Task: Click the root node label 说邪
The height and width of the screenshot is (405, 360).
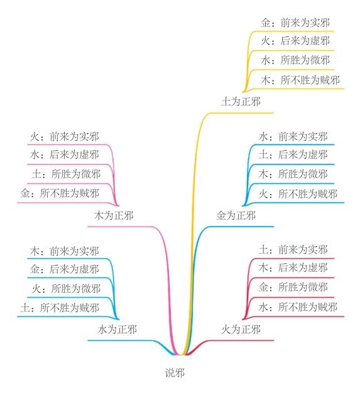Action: point(175,373)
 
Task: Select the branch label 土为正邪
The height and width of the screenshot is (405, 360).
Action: point(241,101)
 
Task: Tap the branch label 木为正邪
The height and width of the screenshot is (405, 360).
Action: point(114,215)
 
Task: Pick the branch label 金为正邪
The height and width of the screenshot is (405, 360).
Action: point(236,215)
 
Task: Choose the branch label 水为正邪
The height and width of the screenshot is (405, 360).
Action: point(117,329)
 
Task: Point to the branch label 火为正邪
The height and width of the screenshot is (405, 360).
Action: point(241,329)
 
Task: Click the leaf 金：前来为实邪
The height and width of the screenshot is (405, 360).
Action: point(295,23)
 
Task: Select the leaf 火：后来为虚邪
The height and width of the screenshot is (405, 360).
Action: point(295,41)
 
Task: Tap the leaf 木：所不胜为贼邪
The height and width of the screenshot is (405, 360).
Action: point(300,80)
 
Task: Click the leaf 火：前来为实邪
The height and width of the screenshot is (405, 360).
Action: point(64,137)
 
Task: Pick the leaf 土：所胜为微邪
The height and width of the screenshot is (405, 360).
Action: point(66,174)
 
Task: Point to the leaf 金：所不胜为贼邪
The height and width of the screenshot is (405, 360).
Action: point(60,193)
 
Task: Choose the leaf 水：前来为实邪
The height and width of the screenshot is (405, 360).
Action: point(293,137)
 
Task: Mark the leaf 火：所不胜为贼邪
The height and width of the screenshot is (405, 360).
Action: point(298,194)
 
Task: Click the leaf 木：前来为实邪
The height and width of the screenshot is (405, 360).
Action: point(64,251)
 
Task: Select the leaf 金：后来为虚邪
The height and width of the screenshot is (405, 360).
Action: point(64,269)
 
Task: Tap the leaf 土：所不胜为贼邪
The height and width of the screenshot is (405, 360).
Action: point(60,308)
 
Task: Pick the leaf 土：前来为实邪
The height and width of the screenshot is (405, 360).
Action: point(293,250)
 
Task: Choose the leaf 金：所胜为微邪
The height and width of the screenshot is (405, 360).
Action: point(293,287)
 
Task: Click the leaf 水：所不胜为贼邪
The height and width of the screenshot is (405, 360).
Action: point(298,307)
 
